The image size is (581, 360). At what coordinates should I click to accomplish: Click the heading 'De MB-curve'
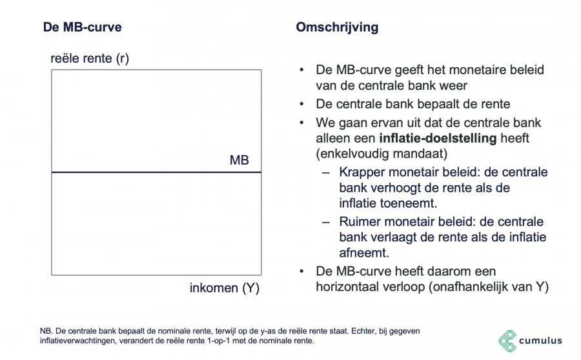tap(82, 28)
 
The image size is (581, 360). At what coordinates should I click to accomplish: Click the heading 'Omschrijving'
tap(336, 28)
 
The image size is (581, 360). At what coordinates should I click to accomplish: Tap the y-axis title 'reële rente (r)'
tap(90, 59)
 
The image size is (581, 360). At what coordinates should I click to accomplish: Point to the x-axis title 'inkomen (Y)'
tap(224, 288)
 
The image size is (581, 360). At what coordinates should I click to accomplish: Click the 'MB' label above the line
tap(239, 160)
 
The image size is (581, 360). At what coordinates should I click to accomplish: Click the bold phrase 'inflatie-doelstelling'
tap(437, 139)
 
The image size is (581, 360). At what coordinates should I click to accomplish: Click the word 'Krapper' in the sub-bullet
tap(362, 172)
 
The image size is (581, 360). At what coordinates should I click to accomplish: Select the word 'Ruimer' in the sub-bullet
tap(360, 221)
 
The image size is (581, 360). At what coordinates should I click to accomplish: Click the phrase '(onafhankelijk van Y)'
tap(488, 287)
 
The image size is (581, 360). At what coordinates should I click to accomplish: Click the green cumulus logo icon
tap(508, 341)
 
